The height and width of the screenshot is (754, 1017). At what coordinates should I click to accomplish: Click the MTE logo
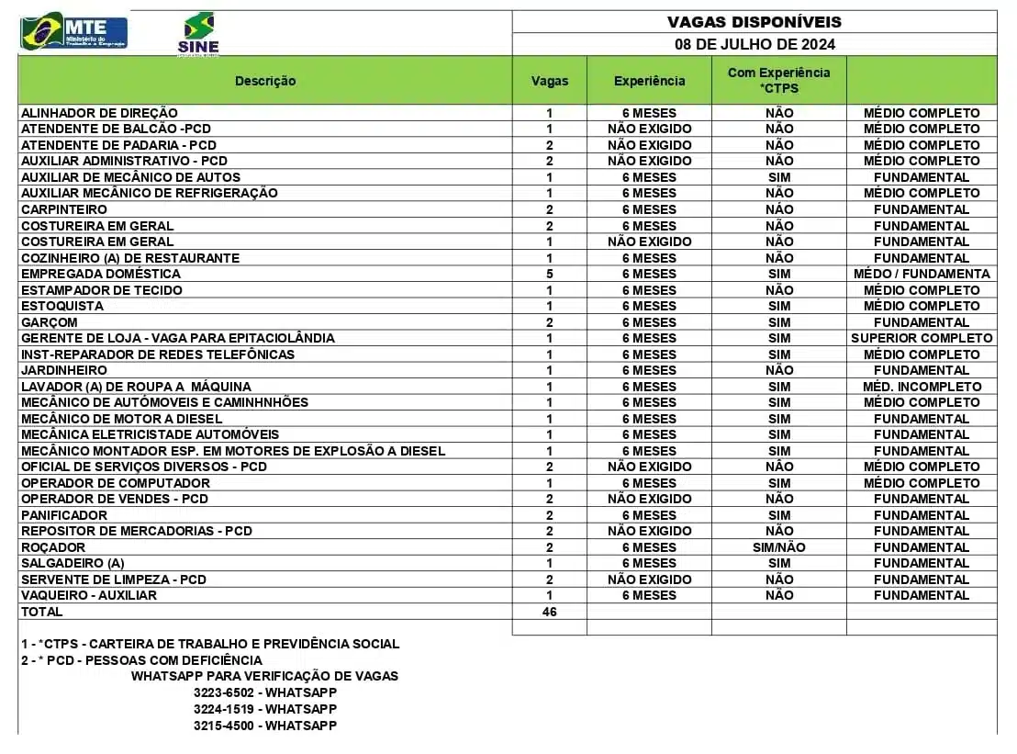click(74, 31)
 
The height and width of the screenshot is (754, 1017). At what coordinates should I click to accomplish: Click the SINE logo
click(198, 34)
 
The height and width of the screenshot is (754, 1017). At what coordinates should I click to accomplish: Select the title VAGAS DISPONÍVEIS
click(754, 22)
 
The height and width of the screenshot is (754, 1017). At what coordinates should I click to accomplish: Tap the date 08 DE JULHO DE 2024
click(754, 44)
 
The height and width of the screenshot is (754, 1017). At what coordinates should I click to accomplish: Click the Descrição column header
click(265, 81)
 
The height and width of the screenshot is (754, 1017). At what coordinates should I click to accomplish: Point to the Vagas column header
click(550, 81)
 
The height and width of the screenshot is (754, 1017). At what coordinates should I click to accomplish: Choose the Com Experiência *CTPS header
click(778, 80)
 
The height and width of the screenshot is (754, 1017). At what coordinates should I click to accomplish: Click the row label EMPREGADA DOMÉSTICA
click(101, 274)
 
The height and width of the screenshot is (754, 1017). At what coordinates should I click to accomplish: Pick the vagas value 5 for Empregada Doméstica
click(550, 274)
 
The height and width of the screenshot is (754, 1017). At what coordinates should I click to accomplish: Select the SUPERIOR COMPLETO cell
click(922, 338)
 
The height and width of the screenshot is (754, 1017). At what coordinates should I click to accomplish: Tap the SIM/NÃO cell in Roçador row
click(778, 547)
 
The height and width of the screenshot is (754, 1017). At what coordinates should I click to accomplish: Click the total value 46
click(550, 612)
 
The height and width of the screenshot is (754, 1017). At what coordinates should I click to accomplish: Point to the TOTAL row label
click(42, 612)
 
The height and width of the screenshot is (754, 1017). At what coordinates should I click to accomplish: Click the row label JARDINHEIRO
click(64, 370)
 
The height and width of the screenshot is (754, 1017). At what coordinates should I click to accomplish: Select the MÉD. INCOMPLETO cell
click(922, 387)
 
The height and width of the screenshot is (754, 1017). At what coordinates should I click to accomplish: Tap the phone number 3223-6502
click(224, 692)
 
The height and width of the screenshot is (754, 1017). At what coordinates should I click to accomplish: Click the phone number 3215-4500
click(224, 726)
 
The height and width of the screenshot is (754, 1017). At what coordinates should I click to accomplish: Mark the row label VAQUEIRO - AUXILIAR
click(89, 595)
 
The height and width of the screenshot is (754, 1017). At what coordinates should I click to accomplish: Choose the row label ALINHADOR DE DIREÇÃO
click(99, 113)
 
